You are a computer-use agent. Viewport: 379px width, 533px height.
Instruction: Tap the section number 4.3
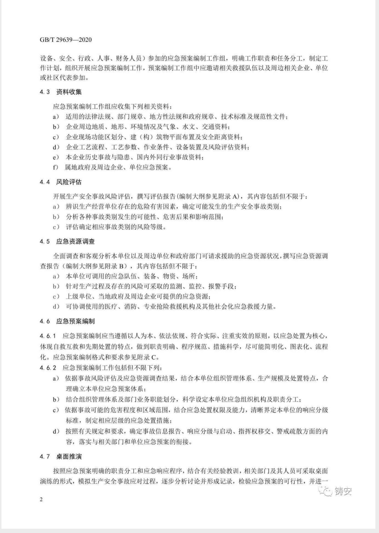coord(45,92)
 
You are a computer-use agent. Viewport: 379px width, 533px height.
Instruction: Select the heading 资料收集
coord(69,92)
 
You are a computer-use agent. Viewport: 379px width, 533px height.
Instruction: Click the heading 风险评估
coord(69,182)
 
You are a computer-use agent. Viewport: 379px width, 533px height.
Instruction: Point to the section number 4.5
coord(45,242)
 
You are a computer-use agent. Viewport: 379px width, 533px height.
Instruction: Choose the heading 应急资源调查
coord(75,242)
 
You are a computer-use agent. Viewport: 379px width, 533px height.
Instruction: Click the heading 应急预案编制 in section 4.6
coord(75,321)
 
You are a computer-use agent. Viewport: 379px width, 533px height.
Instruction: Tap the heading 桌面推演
coord(69,457)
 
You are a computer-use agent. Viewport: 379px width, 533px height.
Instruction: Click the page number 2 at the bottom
coord(42,499)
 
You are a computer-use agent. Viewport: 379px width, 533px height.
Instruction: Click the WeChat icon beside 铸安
coord(327,491)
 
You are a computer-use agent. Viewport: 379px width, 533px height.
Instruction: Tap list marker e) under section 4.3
coord(56,157)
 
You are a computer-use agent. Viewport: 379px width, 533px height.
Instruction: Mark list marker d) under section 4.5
coord(56,307)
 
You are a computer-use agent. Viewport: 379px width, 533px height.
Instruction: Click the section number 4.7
coord(45,457)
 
